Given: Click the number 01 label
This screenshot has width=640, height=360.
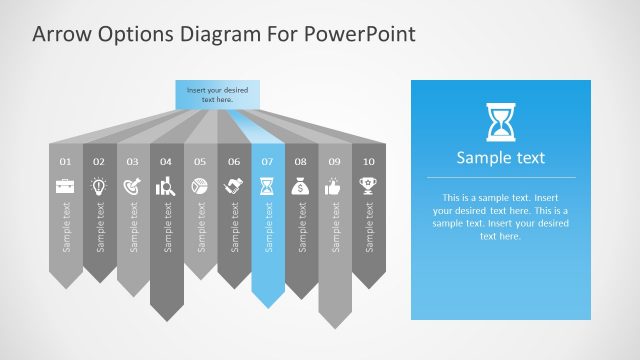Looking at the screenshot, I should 66,161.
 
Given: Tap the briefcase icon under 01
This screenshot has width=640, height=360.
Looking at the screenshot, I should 66,186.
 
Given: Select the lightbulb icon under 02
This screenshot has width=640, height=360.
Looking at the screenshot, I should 99,186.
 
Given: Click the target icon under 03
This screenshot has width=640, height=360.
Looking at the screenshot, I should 133,186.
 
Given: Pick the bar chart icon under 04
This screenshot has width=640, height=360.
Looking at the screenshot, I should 166,186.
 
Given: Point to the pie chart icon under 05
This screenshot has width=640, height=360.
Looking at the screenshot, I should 200,186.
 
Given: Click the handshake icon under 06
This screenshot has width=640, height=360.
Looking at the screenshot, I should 233,186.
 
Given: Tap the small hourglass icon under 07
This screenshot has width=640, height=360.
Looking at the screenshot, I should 267,186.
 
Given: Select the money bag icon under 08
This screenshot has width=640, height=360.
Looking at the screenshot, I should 300,186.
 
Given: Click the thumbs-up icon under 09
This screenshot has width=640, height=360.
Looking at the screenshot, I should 334,186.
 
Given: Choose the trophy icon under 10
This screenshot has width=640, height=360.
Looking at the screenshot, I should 368,186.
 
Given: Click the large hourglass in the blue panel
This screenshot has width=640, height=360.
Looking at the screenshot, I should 500,121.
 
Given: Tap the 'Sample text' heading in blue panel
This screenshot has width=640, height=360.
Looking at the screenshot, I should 500,158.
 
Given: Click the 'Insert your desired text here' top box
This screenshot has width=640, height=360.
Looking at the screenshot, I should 217,95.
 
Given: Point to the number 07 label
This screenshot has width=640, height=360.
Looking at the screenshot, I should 267,161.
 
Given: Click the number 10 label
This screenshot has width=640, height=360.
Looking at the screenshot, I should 368,161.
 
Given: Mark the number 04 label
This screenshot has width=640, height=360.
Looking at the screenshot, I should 166,161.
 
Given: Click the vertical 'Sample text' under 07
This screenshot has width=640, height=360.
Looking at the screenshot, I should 267,228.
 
